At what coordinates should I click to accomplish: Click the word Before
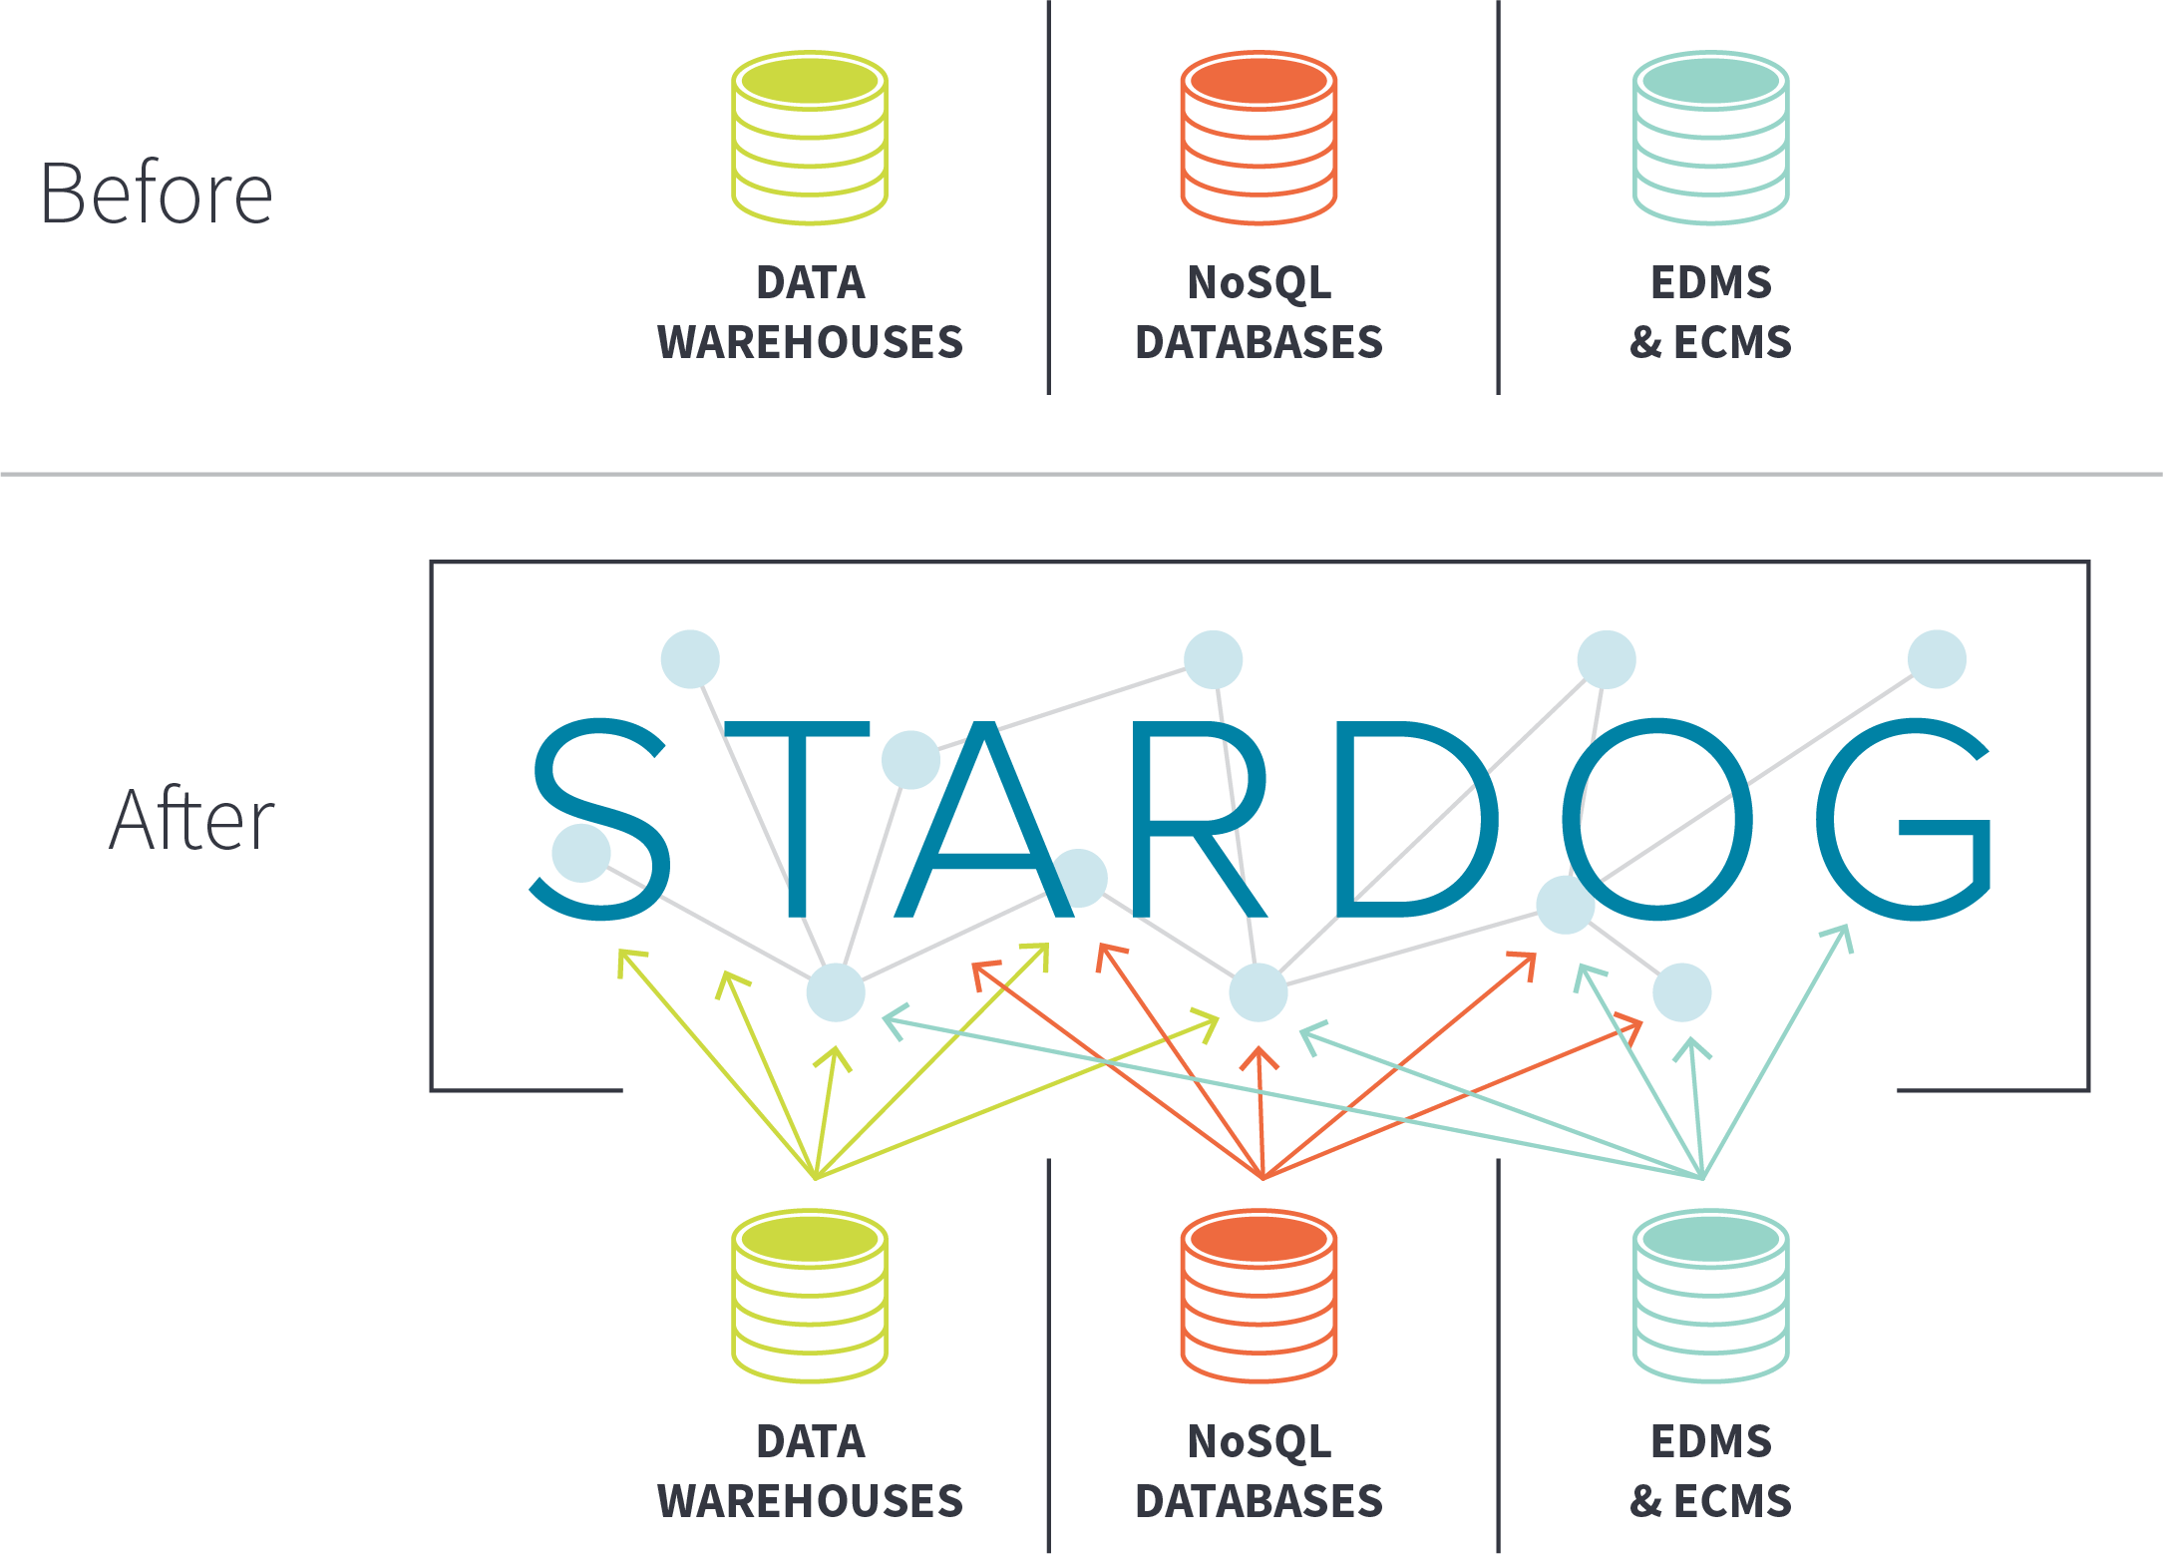coord(156,194)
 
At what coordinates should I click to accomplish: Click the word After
coord(191,820)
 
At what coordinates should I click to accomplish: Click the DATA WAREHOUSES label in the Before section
coord(810,312)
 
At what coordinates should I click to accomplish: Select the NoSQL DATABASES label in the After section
coord(1259,1471)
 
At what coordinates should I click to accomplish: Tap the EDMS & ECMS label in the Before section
coord(1710,312)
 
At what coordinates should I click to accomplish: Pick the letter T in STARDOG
coord(797,818)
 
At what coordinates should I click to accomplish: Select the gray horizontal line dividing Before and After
coord(1081,474)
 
